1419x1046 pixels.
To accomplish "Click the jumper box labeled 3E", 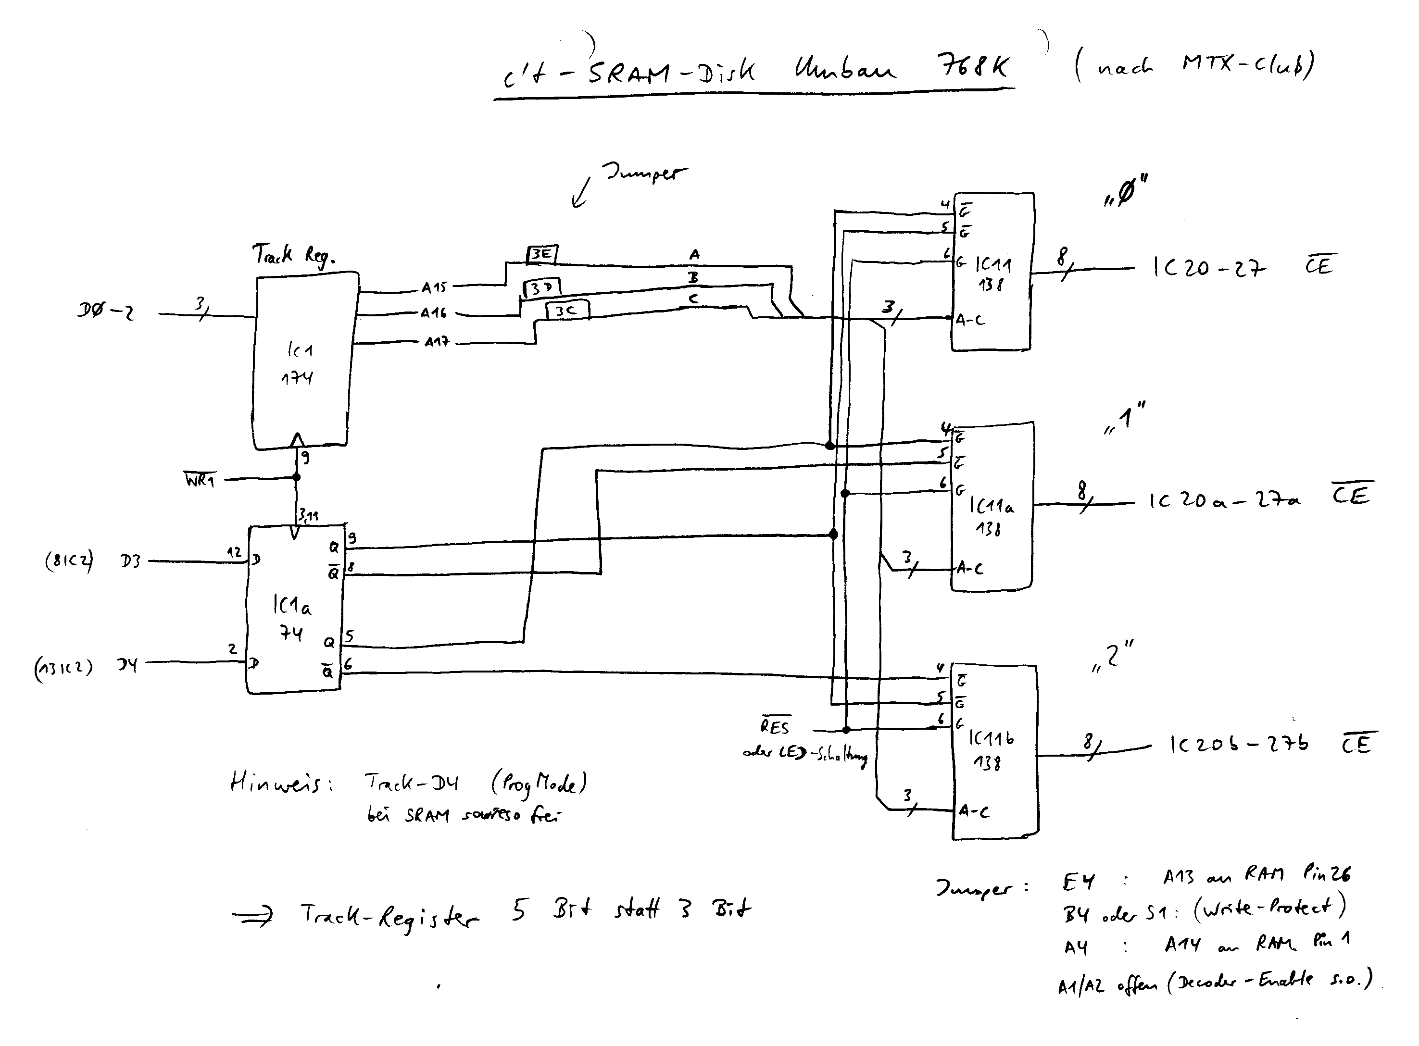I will click(x=542, y=255).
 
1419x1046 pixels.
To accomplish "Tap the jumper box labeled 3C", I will click(x=567, y=310).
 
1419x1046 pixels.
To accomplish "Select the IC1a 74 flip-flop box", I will click(x=294, y=610).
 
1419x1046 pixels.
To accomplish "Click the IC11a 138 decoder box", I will click(x=992, y=507).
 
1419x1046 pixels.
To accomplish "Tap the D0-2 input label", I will click(x=106, y=311).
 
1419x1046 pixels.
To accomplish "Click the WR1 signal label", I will click(x=200, y=480).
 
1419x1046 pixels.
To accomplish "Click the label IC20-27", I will click(x=1208, y=268).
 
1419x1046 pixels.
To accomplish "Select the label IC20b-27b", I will click(x=1238, y=745).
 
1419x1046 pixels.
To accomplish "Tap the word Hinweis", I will click(x=281, y=783).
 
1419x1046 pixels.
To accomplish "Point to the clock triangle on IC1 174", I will click(x=296, y=439).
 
